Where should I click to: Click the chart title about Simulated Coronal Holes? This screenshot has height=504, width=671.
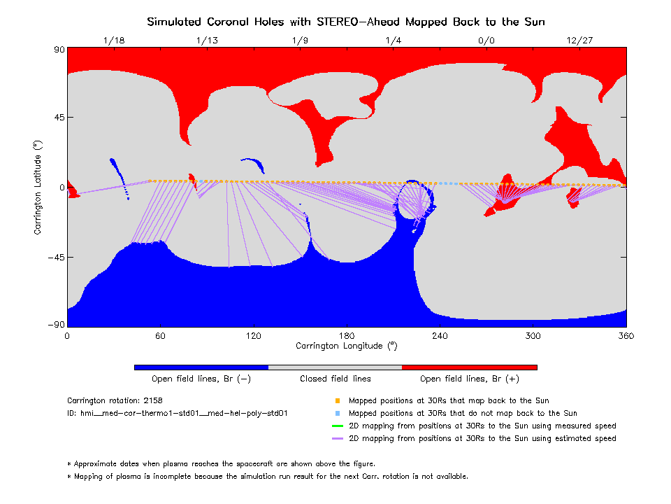(x=346, y=22)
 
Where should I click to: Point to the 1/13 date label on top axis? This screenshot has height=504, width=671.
(x=208, y=41)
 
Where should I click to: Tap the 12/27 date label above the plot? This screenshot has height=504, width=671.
(x=579, y=41)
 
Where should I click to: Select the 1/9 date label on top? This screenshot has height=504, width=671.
(x=300, y=41)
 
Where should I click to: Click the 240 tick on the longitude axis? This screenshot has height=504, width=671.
(x=440, y=336)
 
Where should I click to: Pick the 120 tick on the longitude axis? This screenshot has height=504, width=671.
(x=254, y=336)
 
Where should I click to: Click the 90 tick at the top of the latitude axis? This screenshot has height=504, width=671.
(x=59, y=50)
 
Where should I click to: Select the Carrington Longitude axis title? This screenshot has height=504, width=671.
(x=347, y=346)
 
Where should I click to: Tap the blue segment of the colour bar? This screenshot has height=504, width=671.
(x=201, y=367)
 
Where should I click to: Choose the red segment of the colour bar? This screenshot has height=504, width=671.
(x=469, y=367)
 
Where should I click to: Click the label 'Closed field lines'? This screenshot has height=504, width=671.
(x=335, y=379)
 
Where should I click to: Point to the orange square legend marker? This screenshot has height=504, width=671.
(x=337, y=401)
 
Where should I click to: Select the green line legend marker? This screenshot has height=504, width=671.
(x=337, y=426)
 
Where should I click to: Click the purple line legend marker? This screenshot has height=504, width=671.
(x=337, y=438)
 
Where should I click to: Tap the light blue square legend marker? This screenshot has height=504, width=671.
(x=337, y=414)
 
